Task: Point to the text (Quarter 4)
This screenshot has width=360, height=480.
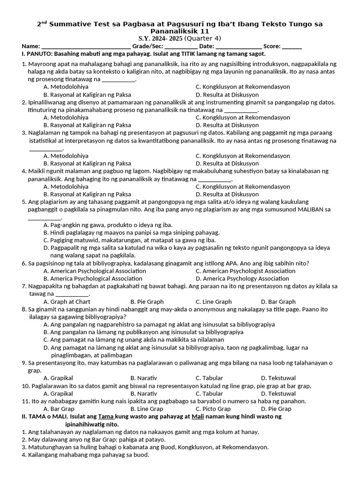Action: tap(203, 38)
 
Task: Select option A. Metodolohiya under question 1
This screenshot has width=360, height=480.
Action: tap(66, 87)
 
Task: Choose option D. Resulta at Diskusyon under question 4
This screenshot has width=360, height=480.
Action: tap(227, 194)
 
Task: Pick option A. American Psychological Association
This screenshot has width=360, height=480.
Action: tap(95, 271)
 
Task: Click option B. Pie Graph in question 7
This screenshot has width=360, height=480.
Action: tap(147, 302)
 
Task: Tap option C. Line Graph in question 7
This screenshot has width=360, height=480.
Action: tap(214, 302)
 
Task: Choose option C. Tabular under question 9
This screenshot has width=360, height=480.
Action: tap(209, 378)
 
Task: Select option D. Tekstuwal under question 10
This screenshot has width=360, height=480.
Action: tap(278, 394)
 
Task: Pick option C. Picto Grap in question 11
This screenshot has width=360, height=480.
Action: tap(213, 409)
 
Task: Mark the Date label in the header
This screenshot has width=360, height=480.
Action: tap(206, 46)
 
